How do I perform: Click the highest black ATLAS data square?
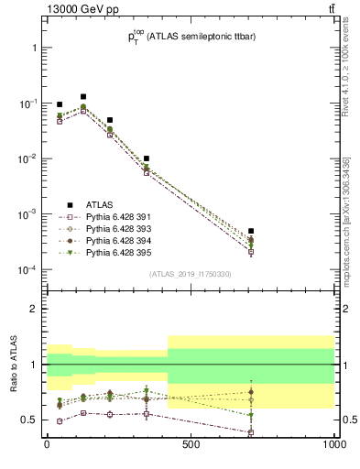83,96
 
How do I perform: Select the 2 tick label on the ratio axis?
34,309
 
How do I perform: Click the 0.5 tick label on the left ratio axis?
30,420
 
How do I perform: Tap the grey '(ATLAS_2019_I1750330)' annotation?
190,274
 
